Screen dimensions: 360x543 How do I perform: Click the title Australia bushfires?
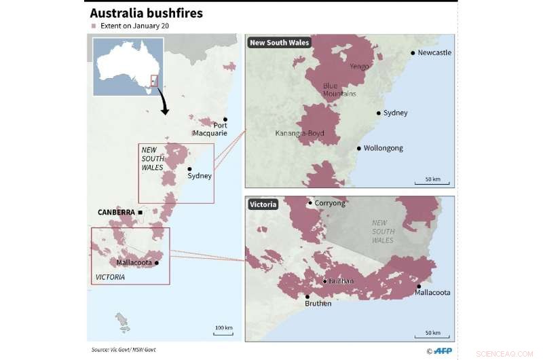(146, 13)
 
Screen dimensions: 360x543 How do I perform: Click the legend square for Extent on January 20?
(94, 26)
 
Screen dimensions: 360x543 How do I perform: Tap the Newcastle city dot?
(413, 52)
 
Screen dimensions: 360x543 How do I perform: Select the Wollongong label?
(383, 148)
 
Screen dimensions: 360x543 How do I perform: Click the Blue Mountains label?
(339, 90)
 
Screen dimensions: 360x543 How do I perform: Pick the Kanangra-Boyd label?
(300, 133)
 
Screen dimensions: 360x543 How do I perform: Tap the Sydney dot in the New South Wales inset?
(378, 113)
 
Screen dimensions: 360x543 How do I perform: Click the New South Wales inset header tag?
(279, 43)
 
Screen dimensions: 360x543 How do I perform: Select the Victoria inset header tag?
(263, 204)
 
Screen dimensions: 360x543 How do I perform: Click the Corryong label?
(330, 203)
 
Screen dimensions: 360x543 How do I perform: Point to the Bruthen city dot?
(307, 296)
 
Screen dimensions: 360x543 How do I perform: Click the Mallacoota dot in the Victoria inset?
(419, 286)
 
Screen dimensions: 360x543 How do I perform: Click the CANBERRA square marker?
(141, 212)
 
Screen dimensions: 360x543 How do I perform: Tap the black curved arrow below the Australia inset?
(164, 103)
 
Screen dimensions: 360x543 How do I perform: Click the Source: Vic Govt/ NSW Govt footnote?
(128, 349)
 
